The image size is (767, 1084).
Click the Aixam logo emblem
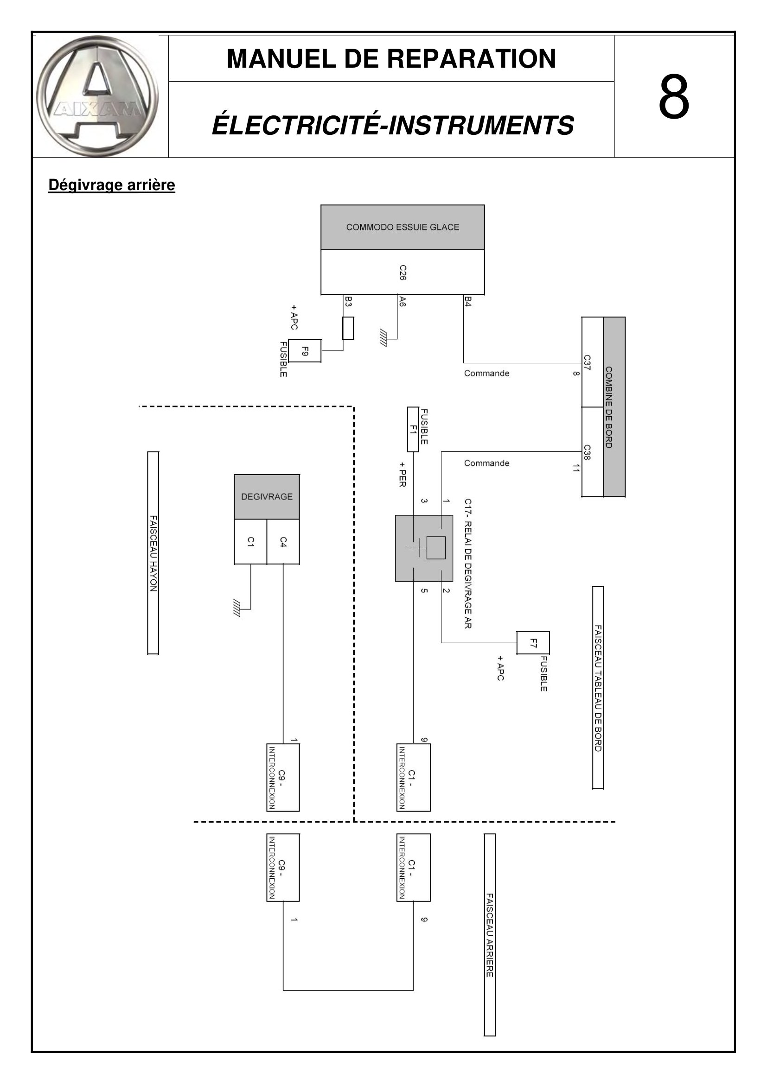tap(98, 96)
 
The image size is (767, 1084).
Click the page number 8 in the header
tap(674, 97)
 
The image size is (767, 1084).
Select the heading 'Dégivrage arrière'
tap(111, 185)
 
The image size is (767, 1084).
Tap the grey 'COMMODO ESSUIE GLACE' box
tap(403, 227)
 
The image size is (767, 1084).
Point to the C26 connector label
tap(403, 273)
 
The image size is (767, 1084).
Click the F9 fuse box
tap(305, 351)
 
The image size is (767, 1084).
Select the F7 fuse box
tap(533, 642)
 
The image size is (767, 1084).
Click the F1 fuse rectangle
tap(413, 429)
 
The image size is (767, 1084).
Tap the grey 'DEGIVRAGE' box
tap(267, 497)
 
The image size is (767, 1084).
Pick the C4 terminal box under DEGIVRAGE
tap(283, 541)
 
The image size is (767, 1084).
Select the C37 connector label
tap(587, 362)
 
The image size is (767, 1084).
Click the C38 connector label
tap(587, 452)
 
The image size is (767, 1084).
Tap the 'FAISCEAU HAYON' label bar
tap(153, 553)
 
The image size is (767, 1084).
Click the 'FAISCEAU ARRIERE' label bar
tap(490, 935)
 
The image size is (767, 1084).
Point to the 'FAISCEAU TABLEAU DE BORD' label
tap(598, 688)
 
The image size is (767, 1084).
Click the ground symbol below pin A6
tap(383, 339)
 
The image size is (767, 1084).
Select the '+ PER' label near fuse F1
tap(403, 474)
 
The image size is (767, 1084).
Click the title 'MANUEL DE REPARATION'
tap(391, 58)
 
